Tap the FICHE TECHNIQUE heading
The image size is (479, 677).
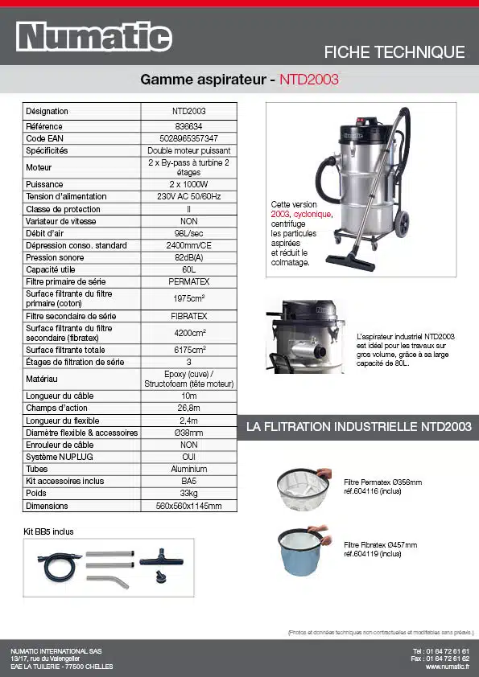pos(394,52)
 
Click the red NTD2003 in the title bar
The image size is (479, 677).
pos(309,80)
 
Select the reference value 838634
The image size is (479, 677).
pos(188,126)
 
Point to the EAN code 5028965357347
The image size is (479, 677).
pos(188,138)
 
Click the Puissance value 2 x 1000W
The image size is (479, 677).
pos(188,184)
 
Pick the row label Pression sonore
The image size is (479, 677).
pos(55,257)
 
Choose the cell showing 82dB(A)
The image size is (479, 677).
pos(188,257)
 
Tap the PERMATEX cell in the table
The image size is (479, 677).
pos(188,281)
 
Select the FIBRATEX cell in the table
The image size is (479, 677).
pos(188,316)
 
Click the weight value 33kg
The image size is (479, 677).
pos(188,493)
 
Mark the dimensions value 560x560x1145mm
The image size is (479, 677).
pos(188,506)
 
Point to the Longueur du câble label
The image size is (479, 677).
pos(60,396)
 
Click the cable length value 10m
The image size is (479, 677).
pos(188,396)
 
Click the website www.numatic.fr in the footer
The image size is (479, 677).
pos(447,667)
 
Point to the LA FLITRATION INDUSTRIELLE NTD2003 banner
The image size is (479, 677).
pos(358,427)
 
